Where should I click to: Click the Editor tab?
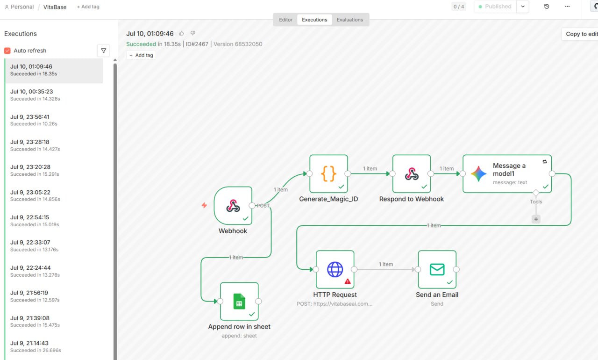click(285, 20)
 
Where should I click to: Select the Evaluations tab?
click(350, 20)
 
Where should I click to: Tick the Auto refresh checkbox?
click(7, 50)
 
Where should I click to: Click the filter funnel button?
click(104, 50)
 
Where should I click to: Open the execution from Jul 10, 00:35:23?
click(53, 95)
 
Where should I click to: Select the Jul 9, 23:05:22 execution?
click(53, 195)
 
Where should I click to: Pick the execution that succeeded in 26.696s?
click(53, 346)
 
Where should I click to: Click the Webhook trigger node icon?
click(233, 206)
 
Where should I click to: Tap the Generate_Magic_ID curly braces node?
click(328, 173)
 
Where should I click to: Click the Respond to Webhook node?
click(412, 173)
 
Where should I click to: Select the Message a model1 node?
click(507, 173)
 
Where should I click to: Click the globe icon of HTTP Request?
click(335, 269)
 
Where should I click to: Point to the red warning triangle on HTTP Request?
click(348, 281)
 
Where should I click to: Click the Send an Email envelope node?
click(437, 269)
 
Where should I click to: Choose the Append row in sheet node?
click(239, 301)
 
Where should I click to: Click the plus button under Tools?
click(536, 219)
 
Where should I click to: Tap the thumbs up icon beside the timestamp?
click(182, 33)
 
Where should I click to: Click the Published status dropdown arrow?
click(523, 7)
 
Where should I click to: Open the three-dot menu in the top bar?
click(567, 7)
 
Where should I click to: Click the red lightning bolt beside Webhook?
click(204, 205)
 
